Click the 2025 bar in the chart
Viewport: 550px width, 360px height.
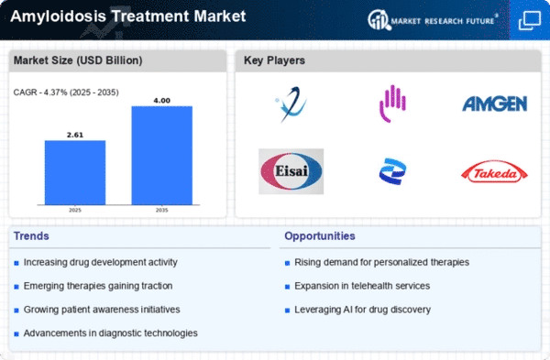click(x=75, y=172)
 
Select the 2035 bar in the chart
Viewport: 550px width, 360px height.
click(x=161, y=156)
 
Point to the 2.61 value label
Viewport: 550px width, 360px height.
click(x=75, y=135)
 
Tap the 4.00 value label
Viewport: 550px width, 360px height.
click(x=161, y=101)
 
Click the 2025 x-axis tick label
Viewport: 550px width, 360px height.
click(x=75, y=210)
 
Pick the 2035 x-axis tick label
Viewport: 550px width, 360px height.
click(x=161, y=210)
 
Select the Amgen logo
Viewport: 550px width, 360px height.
click(x=495, y=104)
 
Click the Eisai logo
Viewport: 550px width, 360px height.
click(x=291, y=171)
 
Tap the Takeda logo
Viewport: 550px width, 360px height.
click(x=494, y=172)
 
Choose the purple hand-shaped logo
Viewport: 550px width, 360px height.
click(x=392, y=104)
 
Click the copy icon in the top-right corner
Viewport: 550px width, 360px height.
click(x=530, y=20)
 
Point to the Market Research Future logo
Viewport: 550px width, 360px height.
click(x=433, y=20)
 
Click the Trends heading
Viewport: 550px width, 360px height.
click(x=31, y=236)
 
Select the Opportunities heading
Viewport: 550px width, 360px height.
click(x=320, y=236)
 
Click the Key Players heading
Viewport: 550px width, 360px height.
click(x=274, y=60)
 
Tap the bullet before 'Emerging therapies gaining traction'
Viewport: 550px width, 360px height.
click(x=16, y=287)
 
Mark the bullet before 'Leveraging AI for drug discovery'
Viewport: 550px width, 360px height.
click(x=287, y=311)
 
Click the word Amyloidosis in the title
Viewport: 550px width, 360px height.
click(x=59, y=16)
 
